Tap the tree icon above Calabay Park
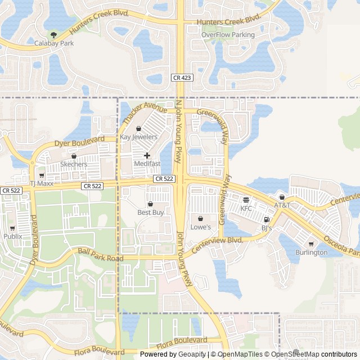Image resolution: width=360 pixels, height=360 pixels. point(54,35)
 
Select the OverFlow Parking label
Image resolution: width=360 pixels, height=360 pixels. point(228,35)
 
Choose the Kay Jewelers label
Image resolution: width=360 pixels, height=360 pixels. point(138,137)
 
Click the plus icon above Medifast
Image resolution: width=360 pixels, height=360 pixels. point(147,155)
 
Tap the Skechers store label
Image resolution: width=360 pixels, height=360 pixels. point(74,164)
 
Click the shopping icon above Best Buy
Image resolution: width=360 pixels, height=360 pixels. point(150,204)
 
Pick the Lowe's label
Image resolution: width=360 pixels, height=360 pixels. point(200,227)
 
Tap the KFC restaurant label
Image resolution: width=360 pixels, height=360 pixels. point(246,208)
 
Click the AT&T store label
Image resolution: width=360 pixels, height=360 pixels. point(282,205)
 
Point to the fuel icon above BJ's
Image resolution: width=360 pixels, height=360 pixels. point(267,220)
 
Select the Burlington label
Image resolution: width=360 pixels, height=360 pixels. point(311,253)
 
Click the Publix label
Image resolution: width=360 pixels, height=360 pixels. point(13,236)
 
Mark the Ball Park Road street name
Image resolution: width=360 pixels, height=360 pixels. point(100,254)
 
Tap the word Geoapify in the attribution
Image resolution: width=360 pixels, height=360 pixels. point(192,354)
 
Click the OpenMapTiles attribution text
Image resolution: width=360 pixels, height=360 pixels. point(240,354)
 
